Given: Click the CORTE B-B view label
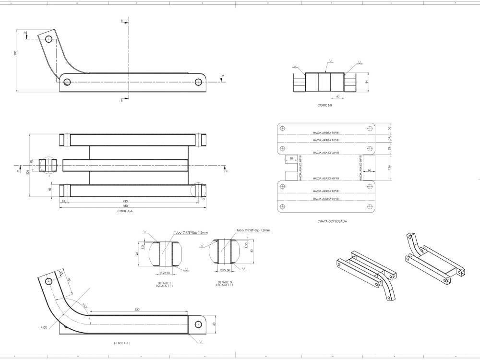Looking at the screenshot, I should point(325,105).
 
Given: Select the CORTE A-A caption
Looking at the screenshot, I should point(125,211).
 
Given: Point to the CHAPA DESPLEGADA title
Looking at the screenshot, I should point(332,221).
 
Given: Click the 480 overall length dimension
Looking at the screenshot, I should point(125,205).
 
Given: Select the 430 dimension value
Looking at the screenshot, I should point(125,201).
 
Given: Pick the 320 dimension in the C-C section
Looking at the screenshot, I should point(138,310).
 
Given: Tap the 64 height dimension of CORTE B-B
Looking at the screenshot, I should point(367,82).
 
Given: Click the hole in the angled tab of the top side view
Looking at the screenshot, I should point(48,40).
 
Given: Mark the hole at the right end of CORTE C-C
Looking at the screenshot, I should point(198,324).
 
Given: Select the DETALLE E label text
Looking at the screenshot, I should point(164,283).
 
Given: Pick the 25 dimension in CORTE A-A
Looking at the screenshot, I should point(63,201).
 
